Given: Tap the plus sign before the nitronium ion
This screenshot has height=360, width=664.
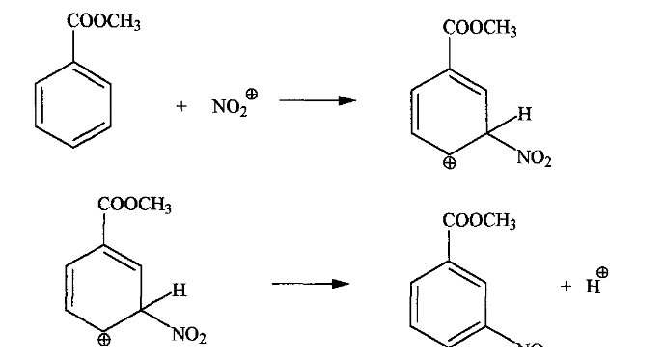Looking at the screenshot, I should pos(181,107).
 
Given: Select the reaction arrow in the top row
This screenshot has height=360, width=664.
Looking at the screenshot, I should pos(312,100).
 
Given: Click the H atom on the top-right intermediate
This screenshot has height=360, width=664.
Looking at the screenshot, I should pos(523,114).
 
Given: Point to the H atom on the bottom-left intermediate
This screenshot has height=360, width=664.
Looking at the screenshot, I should pos(178,289).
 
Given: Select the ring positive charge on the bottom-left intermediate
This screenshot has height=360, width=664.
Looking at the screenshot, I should pos(104,339).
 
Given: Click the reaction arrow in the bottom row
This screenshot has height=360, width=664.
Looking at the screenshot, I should pos(308,284).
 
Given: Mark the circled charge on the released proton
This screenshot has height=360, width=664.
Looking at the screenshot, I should pos(603,272).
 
